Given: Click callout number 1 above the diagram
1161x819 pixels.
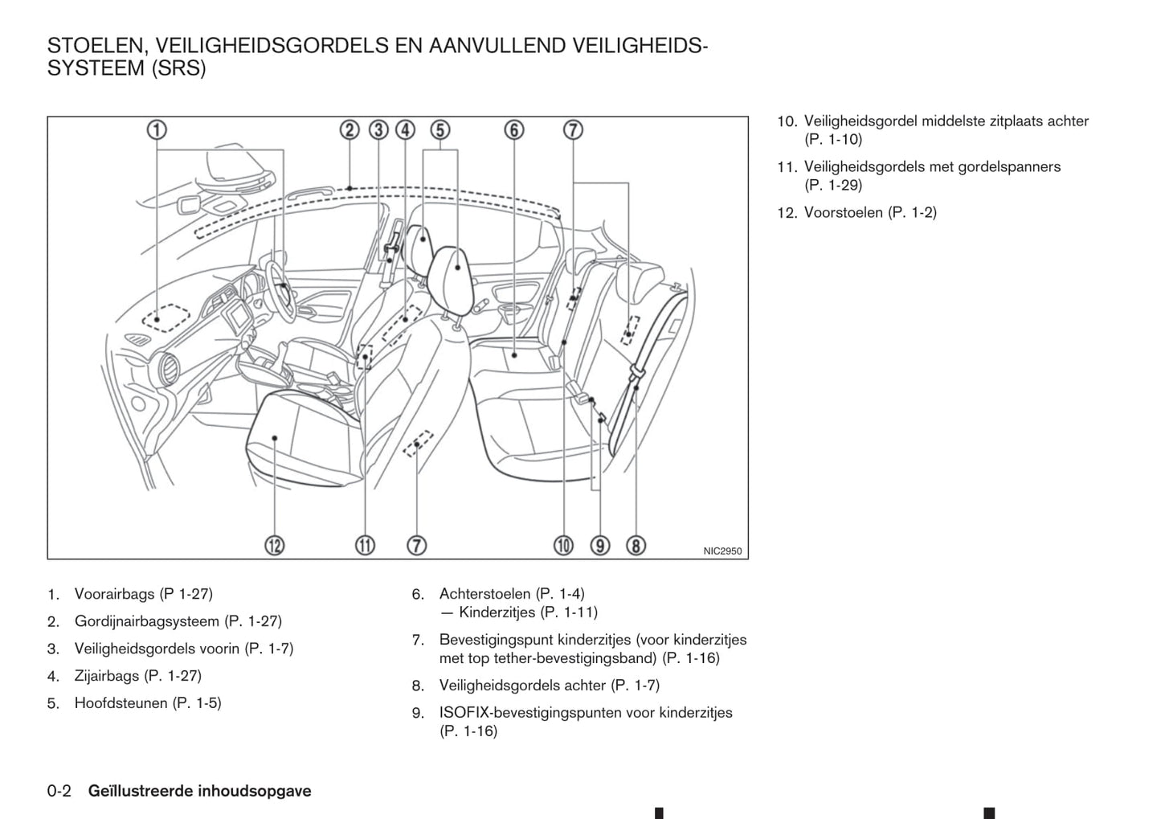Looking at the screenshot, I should pyautogui.click(x=157, y=130).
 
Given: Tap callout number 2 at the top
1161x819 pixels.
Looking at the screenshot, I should pyautogui.click(x=349, y=130).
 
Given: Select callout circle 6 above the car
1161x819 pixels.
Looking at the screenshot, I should pyautogui.click(x=514, y=130).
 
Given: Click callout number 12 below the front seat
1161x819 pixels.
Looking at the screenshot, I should pyautogui.click(x=275, y=546).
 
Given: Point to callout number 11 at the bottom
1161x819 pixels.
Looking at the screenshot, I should pyautogui.click(x=365, y=546).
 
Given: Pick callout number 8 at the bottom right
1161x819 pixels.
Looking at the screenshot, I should pyautogui.click(x=636, y=546).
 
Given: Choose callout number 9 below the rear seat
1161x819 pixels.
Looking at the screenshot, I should pyautogui.click(x=600, y=546).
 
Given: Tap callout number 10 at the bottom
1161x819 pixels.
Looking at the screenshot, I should pyautogui.click(x=564, y=546).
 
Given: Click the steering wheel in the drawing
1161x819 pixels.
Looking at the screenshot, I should pyautogui.click(x=277, y=285).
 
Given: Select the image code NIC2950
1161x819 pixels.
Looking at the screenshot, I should pyautogui.click(x=722, y=551).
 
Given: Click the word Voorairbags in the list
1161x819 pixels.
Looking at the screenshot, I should pyautogui.click(x=114, y=594).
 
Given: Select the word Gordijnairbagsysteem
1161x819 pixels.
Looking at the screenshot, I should pyautogui.click(x=146, y=621).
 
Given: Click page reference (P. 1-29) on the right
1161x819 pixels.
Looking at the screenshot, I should pyautogui.click(x=833, y=186).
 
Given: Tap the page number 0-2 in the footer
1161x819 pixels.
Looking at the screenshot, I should pyautogui.click(x=59, y=791).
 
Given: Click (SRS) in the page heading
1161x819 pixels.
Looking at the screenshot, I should pyautogui.click(x=178, y=68).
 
